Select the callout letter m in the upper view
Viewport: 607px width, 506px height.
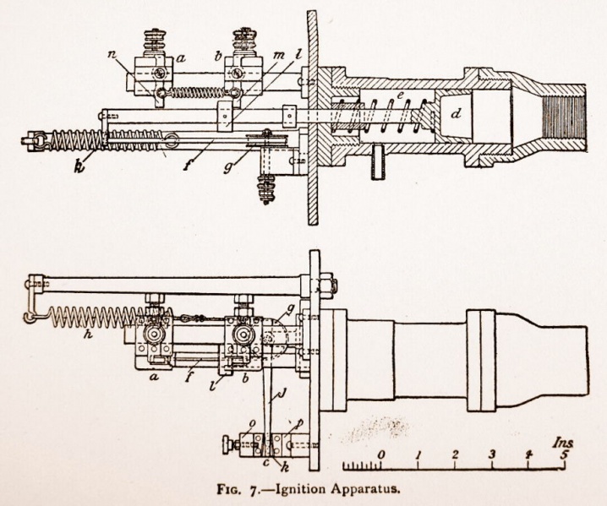pos(280,54)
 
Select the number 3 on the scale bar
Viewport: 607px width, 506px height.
pos(491,455)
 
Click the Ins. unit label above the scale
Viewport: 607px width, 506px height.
pos(559,441)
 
